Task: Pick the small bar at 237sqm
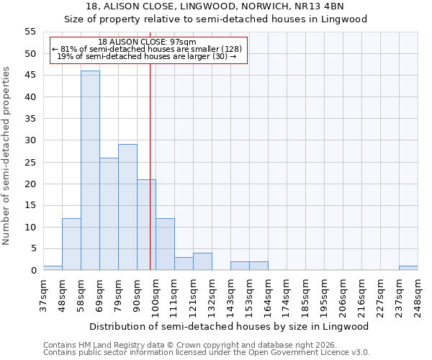(x=408, y=268)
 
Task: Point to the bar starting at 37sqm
(x=53, y=268)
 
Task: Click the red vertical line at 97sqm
(x=150, y=180)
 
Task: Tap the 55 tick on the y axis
(x=30, y=32)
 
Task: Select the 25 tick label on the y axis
(x=30, y=162)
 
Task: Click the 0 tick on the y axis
(x=33, y=271)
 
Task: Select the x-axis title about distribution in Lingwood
(x=230, y=326)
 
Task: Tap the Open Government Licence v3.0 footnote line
(x=207, y=353)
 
